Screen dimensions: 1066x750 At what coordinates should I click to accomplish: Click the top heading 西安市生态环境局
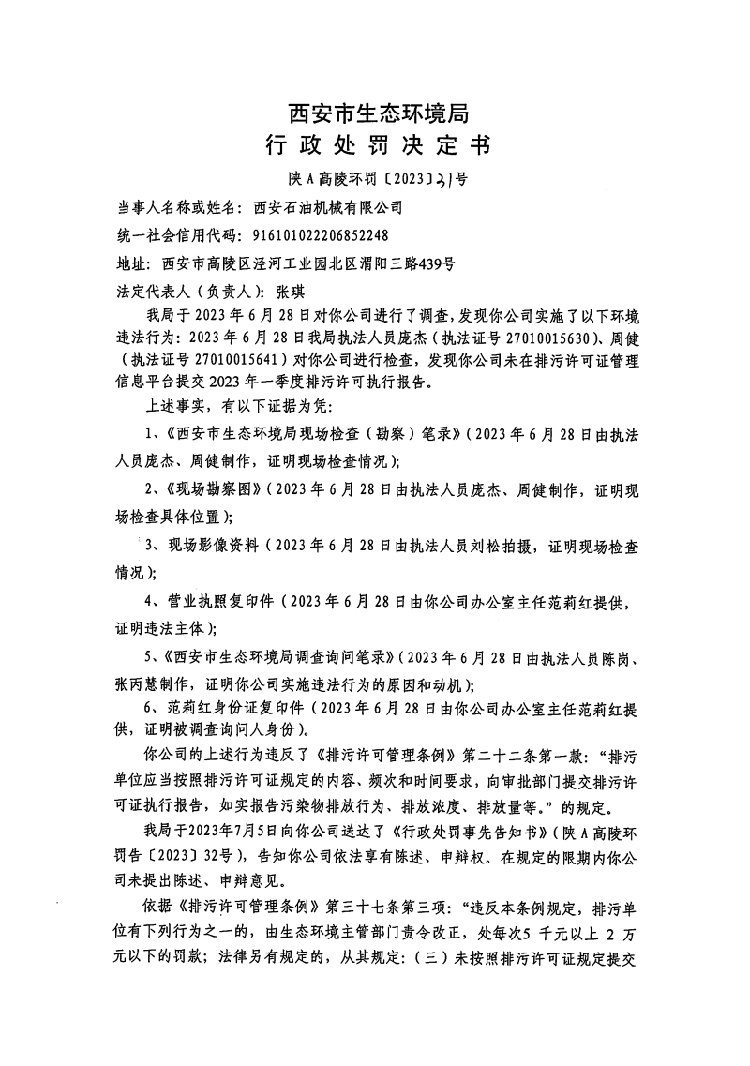tap(375, 113)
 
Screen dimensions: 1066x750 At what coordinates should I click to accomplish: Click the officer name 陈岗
tap(607, 658)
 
